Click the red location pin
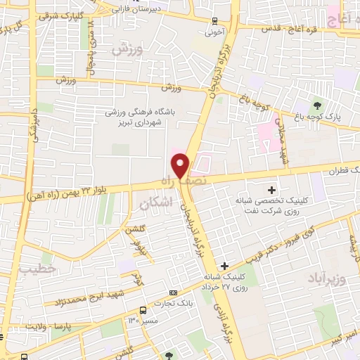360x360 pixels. [181, 165]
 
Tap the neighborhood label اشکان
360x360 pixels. [155, 204]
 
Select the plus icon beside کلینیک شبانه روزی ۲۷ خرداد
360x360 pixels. [224, 266]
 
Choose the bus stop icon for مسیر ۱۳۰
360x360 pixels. [143, 310]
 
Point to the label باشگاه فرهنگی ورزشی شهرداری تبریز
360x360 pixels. [144, 116]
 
